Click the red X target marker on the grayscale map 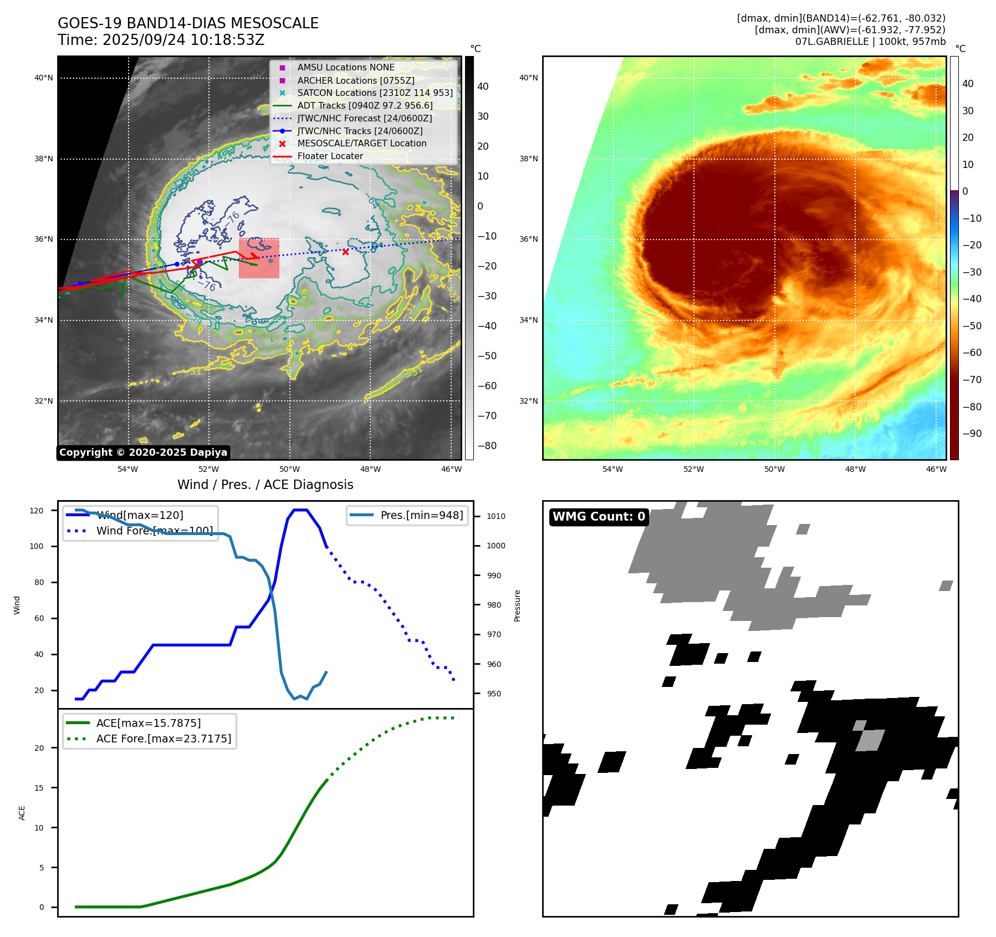tap(345, 252)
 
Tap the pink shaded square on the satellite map tap(259, 258)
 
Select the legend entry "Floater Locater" tap(330, 156)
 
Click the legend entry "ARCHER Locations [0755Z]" tap(355, 80)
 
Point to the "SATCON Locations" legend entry tap(375, 93)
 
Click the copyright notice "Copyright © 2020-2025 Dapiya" tap(143, 452)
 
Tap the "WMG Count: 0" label tap(599, 517)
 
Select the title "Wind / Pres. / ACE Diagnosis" tap(265, 485)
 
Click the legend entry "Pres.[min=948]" tap(421, 515)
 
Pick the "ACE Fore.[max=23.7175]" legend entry tap(164, 739)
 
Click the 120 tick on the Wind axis tap(37, 511)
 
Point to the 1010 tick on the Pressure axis tap(496, 516)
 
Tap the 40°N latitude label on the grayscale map tap(44, 78)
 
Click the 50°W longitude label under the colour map tap(774, 469)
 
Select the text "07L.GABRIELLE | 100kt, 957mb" tap(870, 42)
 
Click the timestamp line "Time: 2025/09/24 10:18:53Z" tap(161, 40)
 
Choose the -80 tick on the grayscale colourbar tap(487, 446)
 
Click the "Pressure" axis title tap(517, 605)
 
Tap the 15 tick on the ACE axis tap(39, 788)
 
